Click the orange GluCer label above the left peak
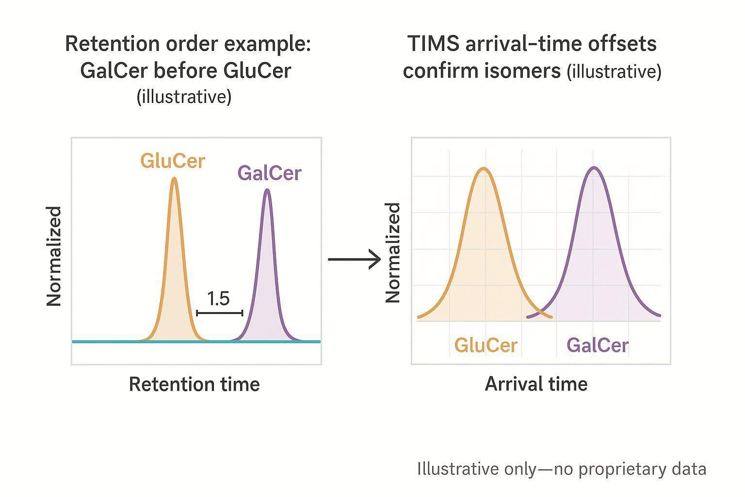(173, 161)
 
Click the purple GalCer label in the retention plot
(269, 173)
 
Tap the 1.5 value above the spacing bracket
(218, 298)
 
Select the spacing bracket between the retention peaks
(219, 313)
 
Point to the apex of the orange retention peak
(174, 179)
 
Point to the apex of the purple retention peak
(267, 190)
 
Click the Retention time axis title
(194, 384)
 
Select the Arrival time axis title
(536, 384)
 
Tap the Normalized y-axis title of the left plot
(54, 256)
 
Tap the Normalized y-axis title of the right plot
(393, 253)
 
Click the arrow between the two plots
(355, 259)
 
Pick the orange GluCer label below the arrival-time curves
(486, 346)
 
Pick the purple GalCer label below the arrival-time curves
(597, 346)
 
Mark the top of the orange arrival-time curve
(484, 168)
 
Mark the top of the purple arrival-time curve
(594, 168)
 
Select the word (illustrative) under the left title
(184, 97)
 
